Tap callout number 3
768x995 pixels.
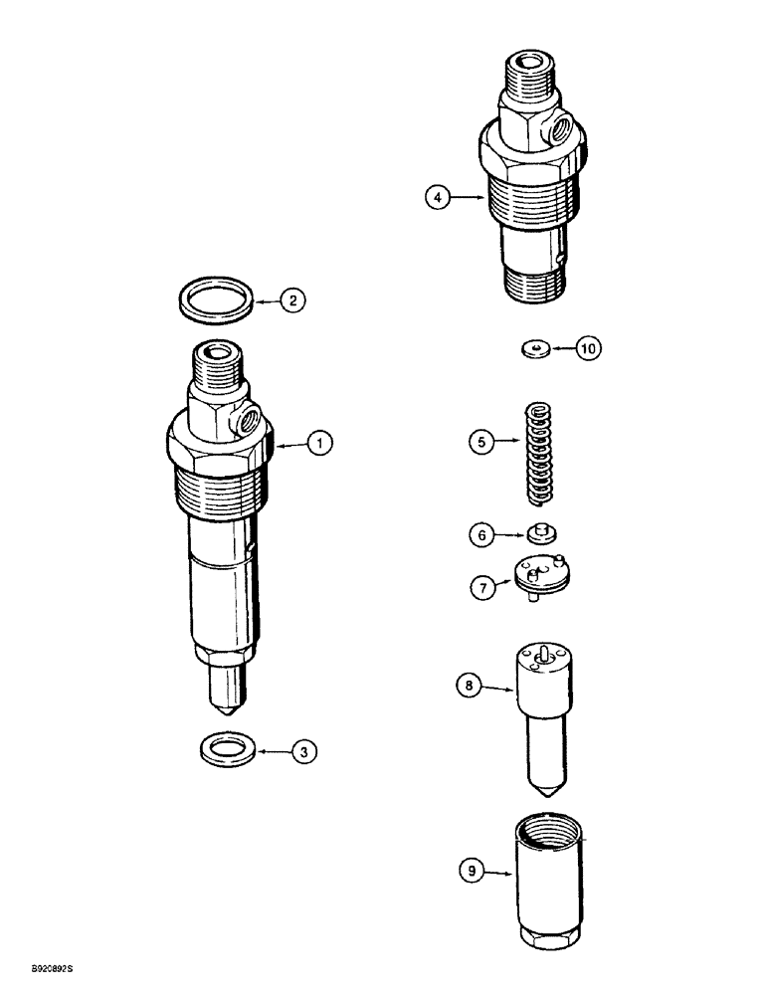[303, 753]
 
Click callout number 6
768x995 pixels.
[482, 534]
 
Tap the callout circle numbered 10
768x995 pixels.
[588, 348]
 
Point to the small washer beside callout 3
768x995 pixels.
[226, 749]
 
